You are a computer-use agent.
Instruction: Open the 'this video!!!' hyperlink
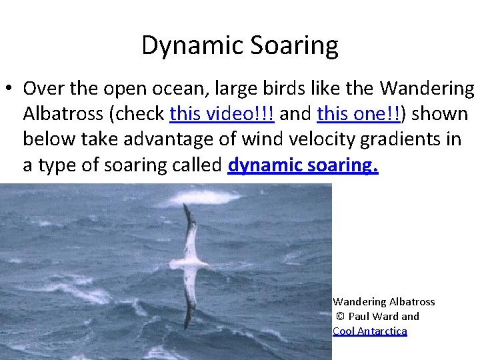point(222,114)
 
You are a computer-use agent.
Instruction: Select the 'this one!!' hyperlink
point(359,114)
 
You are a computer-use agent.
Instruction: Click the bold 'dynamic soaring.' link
point(303,165)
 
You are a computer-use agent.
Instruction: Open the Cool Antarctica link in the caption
point(369,331)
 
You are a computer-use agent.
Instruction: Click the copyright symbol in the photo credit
point(339,317)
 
